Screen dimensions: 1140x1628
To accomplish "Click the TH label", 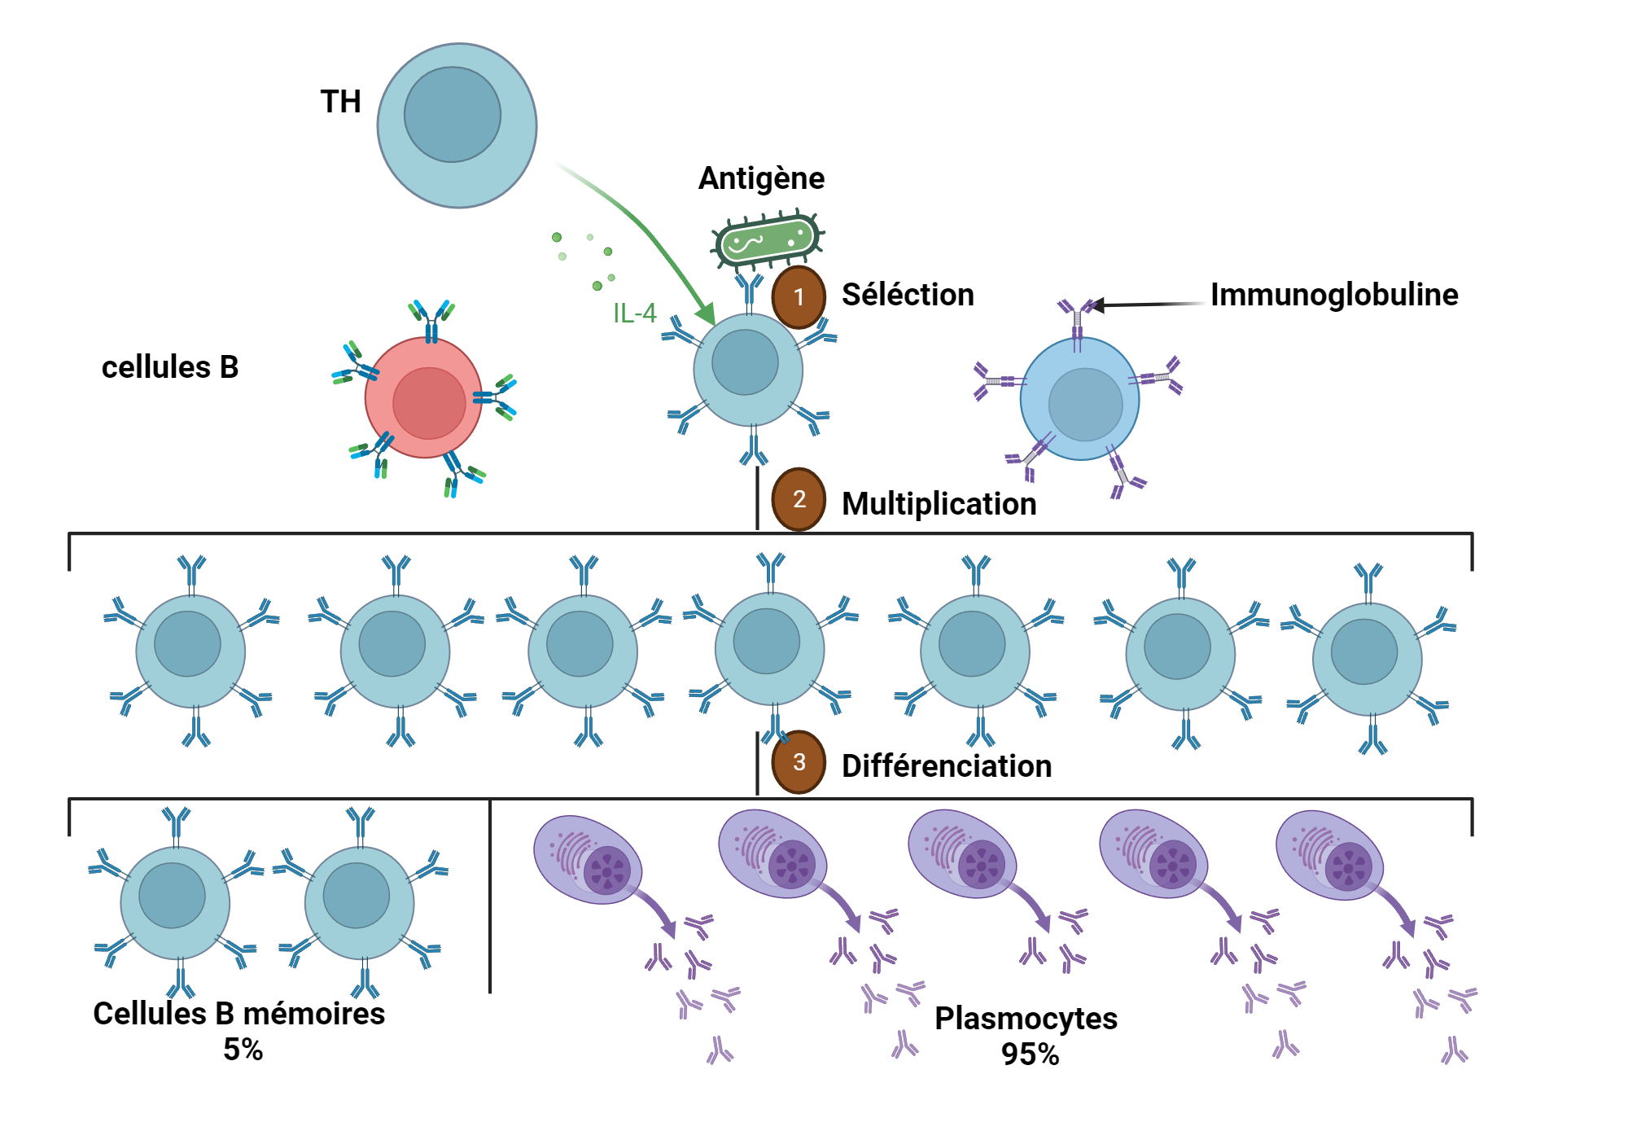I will coord(340,102).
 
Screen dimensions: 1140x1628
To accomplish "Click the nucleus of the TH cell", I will coord(452,114).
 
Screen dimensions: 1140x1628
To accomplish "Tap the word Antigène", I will coord(761,178).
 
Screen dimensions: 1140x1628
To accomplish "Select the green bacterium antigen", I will coord(766,240).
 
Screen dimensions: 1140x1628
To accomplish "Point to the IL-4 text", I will coord(634,313).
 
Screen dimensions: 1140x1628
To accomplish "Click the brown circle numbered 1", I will coord(799,297).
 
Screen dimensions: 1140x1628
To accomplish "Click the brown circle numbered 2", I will coord(799,499).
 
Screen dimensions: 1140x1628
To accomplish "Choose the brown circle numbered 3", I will coord(799,762).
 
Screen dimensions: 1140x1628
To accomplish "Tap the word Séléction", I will coord(908,295).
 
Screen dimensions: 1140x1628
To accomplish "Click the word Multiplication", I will coord(939,504).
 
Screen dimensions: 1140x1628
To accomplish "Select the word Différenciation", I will coord(946,766).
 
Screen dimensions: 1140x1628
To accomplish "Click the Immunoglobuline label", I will coord(1333,295).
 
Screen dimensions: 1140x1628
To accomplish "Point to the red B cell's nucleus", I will coord(429,403).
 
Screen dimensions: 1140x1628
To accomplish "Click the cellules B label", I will coord(169,367).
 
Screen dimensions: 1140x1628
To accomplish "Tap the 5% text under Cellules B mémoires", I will coord(243,1050).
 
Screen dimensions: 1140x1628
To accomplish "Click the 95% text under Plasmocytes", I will coord(1030,1054).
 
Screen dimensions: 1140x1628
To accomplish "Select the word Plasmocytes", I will coord(1026,1019).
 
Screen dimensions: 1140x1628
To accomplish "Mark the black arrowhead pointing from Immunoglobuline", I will coord(1097,305).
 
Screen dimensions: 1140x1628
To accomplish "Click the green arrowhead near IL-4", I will coord(706,314).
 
